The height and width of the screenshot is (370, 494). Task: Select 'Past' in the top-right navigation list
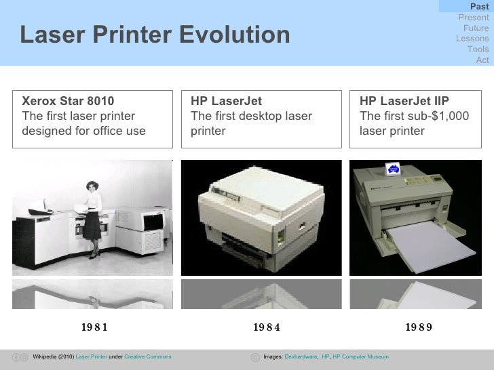[x=479, y=7]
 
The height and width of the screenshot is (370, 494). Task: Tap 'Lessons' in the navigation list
[x=473, y=39]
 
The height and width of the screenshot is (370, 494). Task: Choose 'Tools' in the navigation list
[x=478, y=49]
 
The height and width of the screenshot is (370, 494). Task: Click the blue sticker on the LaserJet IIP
[x=393, y=169]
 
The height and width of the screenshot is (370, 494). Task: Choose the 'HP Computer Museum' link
[x=360, y=356]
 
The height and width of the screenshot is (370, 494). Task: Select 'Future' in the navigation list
[x=476, y=28]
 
